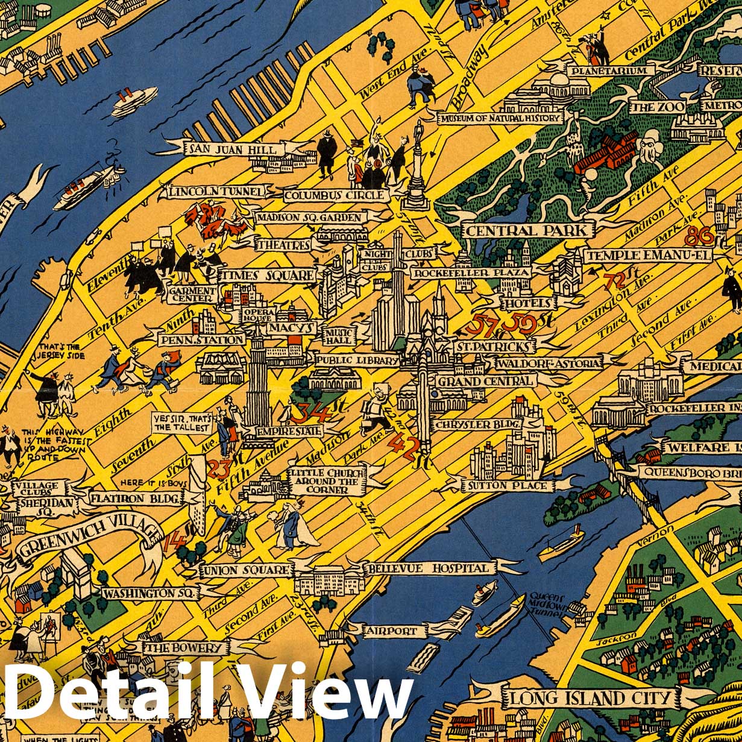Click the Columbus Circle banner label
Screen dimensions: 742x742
tap(334, 195)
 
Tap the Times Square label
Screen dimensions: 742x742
tap(267, 275)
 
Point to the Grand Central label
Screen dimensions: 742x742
tap(485, 381)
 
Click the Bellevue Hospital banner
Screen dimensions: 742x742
tap(429, 568)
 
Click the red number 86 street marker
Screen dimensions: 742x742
tap(699, 236)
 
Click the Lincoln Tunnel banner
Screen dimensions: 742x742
tap(216, 192)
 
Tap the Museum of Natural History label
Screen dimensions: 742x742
tap(500, 118)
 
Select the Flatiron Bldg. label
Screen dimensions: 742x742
tap(135, 498)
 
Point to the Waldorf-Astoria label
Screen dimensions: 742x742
tap(548, 363)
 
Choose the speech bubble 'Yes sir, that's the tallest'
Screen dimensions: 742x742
tap(182, 423)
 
